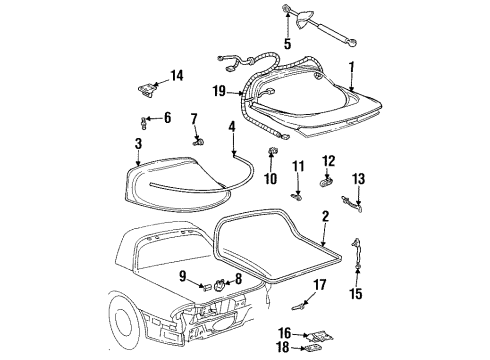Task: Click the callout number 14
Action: tap(177, 76)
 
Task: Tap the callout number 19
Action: tap(219, 91)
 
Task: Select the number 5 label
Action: tap(287, 44)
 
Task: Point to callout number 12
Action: tap(329, 161)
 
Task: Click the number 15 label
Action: tap(356, 294)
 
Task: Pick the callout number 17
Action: tap(320, 285)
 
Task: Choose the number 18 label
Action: tap(283, 347)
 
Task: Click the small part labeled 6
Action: tap(144, 123)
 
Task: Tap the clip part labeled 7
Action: tap(198, 142)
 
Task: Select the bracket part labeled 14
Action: tap(147, 91)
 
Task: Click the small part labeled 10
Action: tap(271, 151)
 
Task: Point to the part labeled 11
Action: tap(296, 197)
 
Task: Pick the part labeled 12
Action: tap(326, 183)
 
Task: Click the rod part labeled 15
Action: tap(357, 253)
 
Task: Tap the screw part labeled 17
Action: tap(298, 306)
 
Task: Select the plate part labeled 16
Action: tap(319, 336)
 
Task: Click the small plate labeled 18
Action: tap(311, 348)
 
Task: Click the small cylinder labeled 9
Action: tap(206, 286)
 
